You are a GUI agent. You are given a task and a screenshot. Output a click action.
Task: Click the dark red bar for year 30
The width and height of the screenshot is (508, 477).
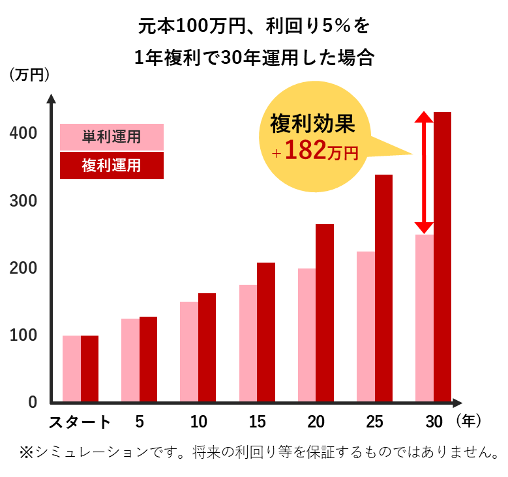point(442,257)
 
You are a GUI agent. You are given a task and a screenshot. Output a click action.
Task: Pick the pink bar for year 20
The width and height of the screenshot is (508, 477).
point(306,335)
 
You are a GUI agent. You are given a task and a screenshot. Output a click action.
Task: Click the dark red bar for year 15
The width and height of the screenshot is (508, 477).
point(265,332)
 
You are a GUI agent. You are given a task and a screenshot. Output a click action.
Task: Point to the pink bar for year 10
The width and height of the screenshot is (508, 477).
point(188,352)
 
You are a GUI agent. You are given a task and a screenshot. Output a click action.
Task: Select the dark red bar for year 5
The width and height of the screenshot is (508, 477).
point(148,359)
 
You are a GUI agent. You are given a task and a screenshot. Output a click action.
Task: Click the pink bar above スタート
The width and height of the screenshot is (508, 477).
point(71,369)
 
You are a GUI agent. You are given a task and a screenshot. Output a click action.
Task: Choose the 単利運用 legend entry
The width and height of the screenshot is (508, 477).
point(112,137)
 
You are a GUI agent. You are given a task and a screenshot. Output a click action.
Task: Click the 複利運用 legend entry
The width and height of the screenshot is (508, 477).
point(112,166)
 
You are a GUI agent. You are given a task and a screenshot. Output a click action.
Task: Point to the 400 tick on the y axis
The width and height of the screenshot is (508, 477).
point(23,133)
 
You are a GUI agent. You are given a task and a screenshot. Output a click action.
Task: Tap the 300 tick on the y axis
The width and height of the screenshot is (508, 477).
point(23,201)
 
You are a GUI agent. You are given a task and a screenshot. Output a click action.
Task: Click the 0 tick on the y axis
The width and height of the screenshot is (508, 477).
point(31,402)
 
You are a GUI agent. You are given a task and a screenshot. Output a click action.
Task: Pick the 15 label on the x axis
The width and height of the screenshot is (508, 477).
point(258,422)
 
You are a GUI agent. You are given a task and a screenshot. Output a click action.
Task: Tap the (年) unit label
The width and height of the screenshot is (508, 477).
point(470,422)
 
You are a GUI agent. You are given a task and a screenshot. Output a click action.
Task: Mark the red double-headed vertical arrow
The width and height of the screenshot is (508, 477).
point(424,173)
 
